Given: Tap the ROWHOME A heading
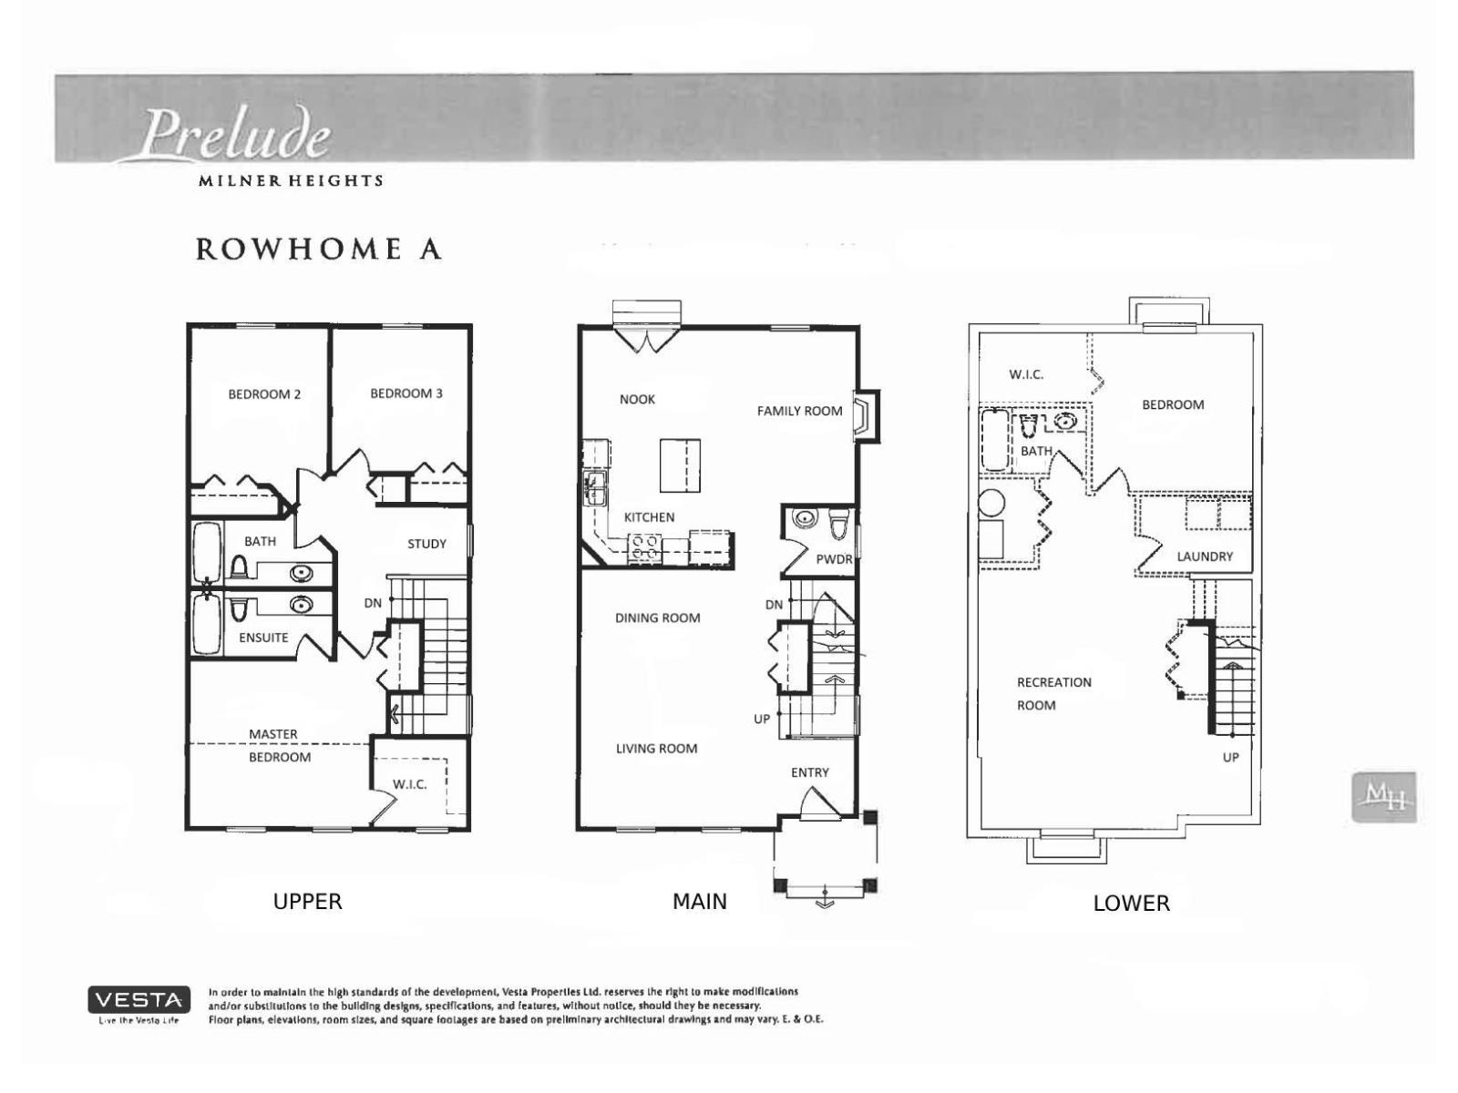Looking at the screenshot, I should coord(319,250).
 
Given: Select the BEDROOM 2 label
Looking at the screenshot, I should coord(264,394).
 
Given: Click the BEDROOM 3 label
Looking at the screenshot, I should coord(406,393).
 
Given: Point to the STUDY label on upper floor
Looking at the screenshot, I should coord(426,544).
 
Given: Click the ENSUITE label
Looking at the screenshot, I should coord(263,638).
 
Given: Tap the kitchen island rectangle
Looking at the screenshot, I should coord(680,465).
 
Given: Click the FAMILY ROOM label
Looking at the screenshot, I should coord(799,411).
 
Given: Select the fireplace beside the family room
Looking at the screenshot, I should coord(865,416).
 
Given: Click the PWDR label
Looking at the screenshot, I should coord(834,559).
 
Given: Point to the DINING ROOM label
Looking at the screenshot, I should coord(657,618).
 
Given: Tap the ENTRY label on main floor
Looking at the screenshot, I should coord(809,772).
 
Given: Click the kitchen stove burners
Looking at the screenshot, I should coord(646,546).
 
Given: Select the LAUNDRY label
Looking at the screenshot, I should coord(1204,557).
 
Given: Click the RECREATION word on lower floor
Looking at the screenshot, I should coord(1053,682).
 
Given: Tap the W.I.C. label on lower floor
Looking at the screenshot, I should coord(1026,374).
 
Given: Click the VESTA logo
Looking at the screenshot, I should coord(139,1000).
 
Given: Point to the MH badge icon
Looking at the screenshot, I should coord(1383,798).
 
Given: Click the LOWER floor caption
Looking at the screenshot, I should coord(1131,904).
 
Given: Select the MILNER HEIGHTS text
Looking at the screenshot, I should coord(291,180).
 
